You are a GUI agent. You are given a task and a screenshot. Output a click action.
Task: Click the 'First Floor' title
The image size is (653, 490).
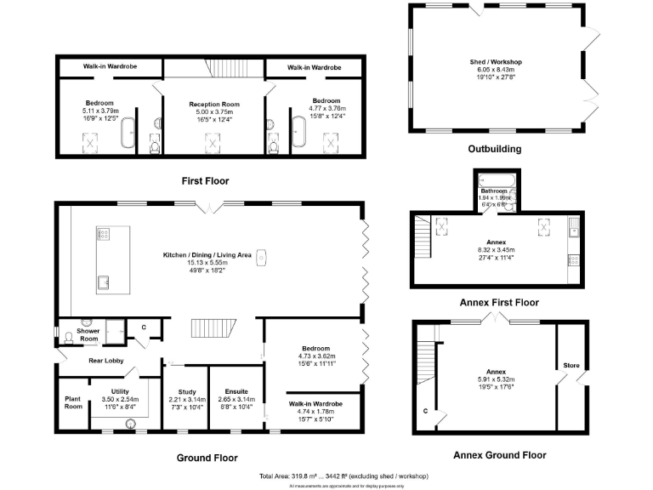(204, 181)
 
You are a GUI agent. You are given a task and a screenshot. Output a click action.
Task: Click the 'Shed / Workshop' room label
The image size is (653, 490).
(496, 62)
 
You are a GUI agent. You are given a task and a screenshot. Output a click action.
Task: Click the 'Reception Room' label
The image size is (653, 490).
(213, 104)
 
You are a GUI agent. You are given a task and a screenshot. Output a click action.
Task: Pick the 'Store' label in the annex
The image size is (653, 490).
(571, 366)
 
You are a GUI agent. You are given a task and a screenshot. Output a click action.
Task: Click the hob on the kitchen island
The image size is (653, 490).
(106, 235)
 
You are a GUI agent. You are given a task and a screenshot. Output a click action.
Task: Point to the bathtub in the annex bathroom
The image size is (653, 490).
(494, 179)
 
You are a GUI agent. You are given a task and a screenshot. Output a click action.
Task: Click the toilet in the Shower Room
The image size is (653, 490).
(88, 323)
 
